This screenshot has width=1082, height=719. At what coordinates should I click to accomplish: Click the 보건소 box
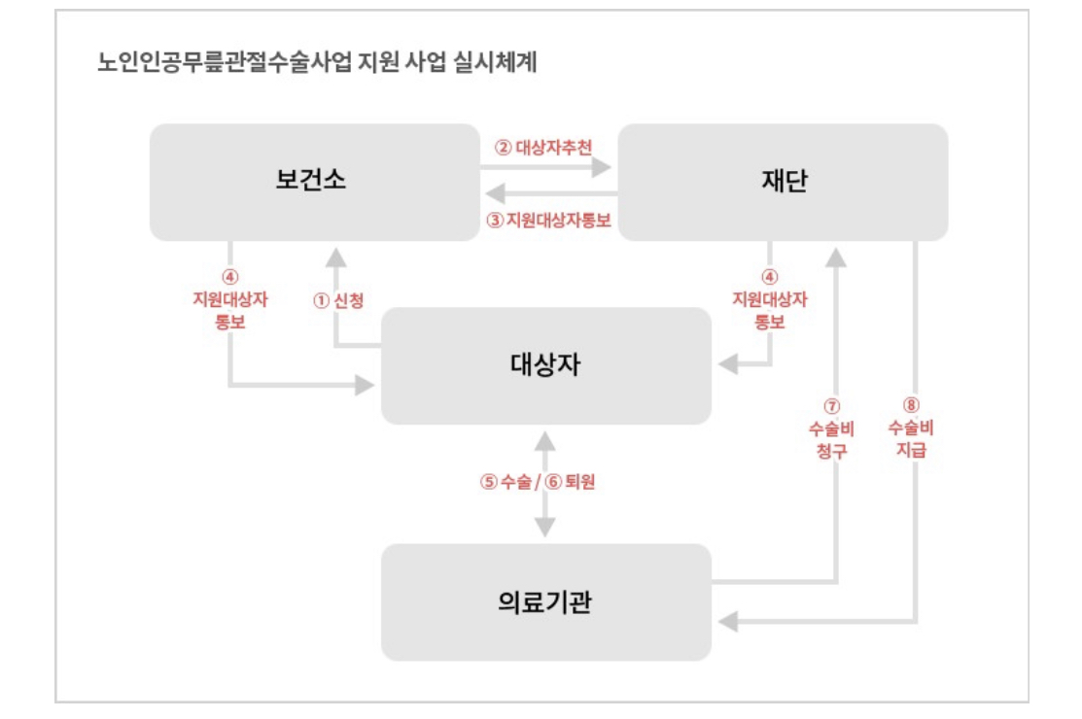tap(310, 182)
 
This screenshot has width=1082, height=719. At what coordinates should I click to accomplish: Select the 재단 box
tap(784, 182)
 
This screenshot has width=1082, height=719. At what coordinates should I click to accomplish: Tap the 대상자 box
tap(545, 365)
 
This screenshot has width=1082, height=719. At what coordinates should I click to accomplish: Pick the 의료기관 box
tap(545, 602)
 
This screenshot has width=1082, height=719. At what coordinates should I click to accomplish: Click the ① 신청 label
tap(338, 301)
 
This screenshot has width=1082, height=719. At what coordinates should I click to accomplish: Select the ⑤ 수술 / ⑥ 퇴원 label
tap(538, 482)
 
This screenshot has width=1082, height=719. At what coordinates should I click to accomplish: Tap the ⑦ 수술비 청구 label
tap(830, 428)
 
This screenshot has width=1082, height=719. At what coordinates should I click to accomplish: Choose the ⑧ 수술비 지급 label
tap(910, 428)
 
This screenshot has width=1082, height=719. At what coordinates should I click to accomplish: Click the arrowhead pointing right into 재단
tap(603, 167)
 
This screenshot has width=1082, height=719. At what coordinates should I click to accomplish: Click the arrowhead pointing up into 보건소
tap(335, 256)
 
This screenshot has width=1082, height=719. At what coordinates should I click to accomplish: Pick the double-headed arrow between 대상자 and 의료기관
tap(545, 484)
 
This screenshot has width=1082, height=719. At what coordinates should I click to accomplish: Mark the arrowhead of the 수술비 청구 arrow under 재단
tap(836, 257)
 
